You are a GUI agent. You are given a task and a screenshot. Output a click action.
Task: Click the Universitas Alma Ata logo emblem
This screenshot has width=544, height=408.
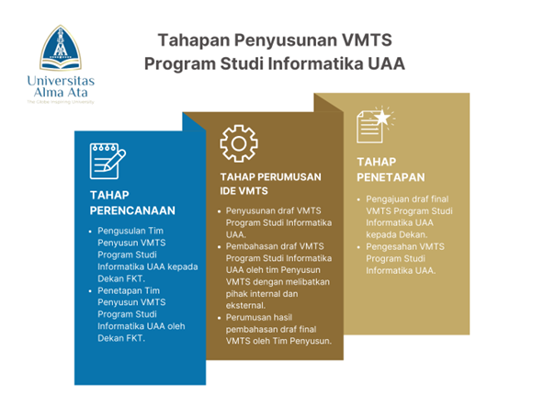coord(61,50)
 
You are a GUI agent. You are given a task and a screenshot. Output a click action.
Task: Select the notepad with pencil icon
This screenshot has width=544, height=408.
coord(107,161)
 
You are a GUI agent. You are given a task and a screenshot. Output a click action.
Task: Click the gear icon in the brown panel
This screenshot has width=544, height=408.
coord(238,143)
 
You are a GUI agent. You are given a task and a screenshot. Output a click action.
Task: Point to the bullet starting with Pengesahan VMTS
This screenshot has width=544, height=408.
coord(404,259)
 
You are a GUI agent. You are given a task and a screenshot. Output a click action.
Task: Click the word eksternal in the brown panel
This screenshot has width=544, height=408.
coord(244,305)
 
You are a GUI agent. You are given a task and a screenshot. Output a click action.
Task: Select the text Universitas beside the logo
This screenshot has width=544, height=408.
coord(61,79)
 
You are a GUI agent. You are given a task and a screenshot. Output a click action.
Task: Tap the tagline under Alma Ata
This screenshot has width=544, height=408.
coord(61,102)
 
